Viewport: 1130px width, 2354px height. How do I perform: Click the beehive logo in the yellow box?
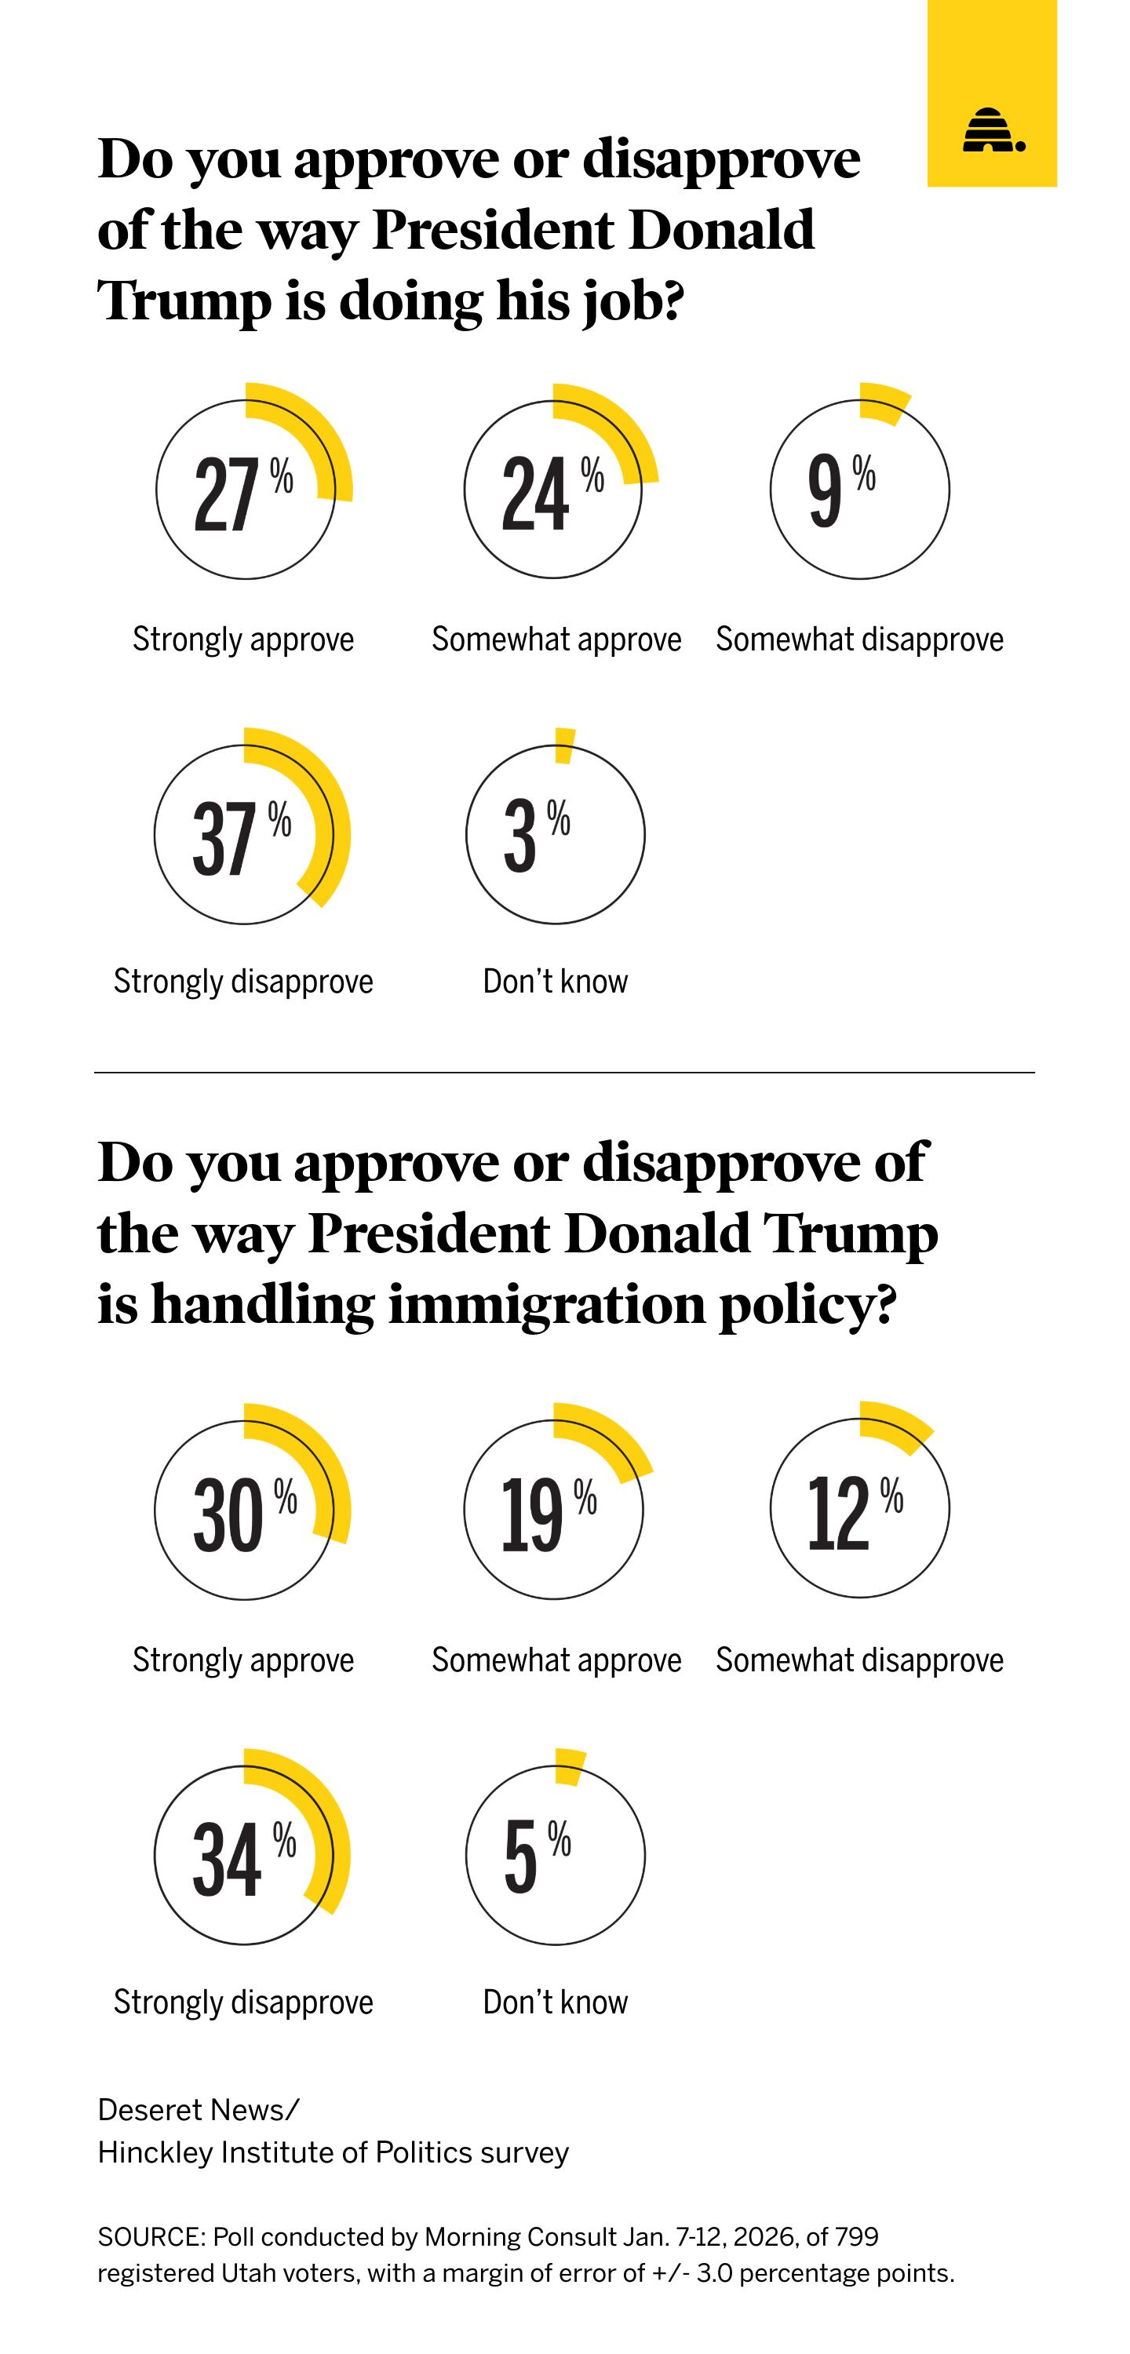pos(992,131)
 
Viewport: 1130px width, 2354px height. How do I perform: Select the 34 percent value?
pos(226,1859)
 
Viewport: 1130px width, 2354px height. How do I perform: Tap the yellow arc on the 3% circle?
pos(565,745)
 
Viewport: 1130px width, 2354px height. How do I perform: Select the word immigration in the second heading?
pos(546,1303)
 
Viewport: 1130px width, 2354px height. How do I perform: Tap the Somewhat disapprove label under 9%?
pos(858,639)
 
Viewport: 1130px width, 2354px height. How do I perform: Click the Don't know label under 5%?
pos(555,2001)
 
